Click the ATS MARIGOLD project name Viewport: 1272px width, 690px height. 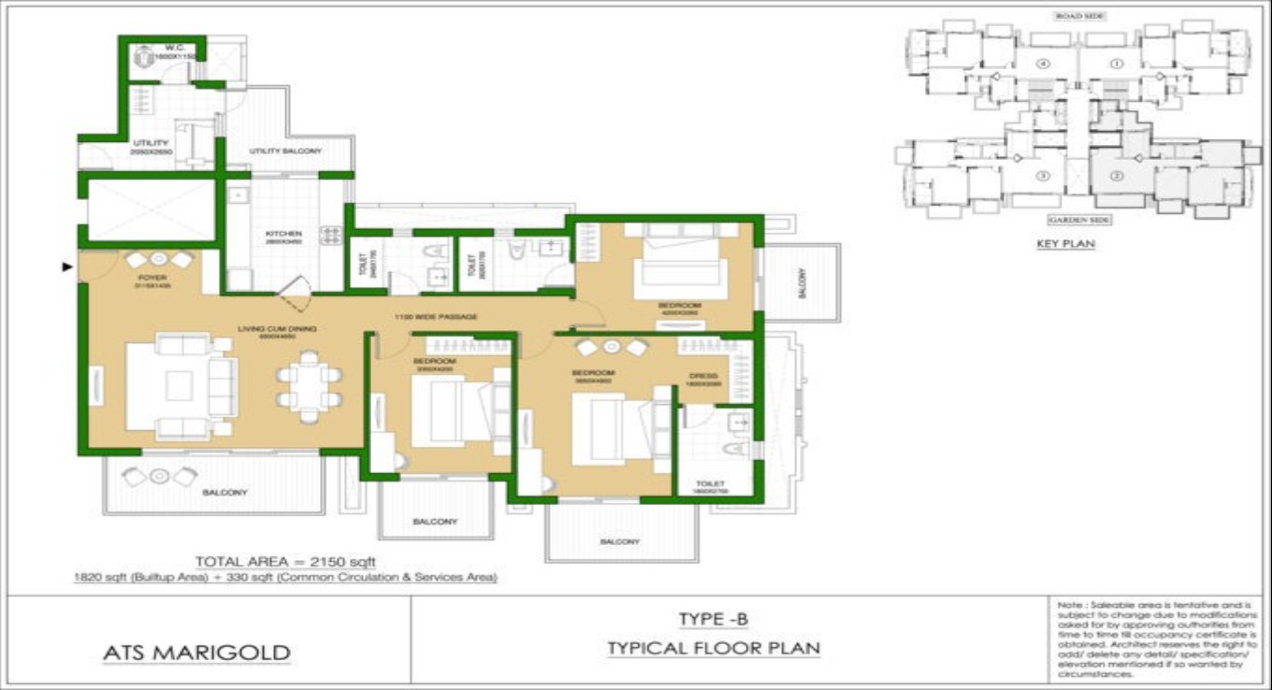coord(196,652)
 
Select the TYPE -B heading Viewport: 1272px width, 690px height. coord(714,619)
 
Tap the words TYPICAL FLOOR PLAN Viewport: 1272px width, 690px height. coord(714,648)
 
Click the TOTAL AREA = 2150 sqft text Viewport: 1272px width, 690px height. coord(285,561)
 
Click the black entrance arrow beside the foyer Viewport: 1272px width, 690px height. coord(66,267)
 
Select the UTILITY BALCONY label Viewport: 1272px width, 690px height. coord(285,151)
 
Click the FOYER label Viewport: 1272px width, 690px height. coord(152,278)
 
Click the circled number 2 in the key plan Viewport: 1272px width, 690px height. coord(1116,176)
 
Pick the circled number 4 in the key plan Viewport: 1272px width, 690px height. coord(1043,65)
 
